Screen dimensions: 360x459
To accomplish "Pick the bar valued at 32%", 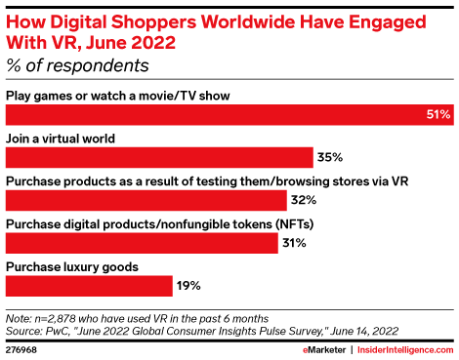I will [x=146, y=199].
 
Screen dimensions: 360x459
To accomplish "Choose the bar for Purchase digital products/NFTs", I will [x=143, y=242].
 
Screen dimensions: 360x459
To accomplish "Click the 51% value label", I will [x=438, y=114].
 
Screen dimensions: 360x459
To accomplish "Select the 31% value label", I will [x=295, y=242].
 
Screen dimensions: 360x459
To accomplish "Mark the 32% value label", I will [x=302, y=199].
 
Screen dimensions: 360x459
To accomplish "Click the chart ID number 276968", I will [x=23, y=349].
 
